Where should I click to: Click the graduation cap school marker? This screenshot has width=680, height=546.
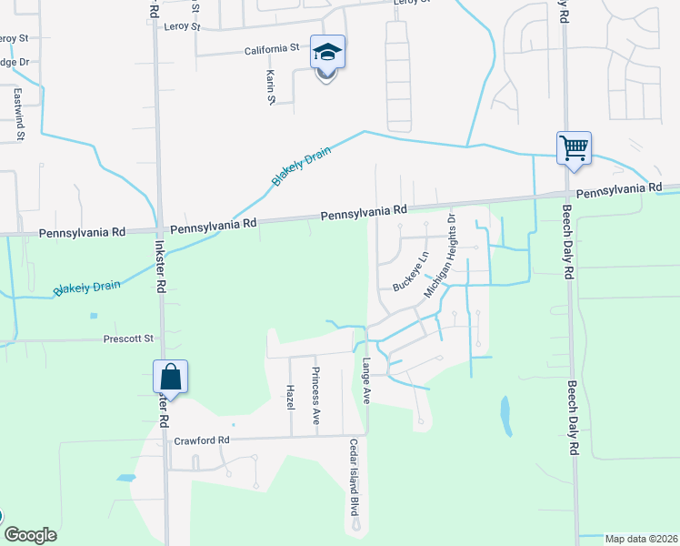point(327,54)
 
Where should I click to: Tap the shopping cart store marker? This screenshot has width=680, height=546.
point(574,147)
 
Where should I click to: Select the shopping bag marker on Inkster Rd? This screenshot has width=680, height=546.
point(170,376)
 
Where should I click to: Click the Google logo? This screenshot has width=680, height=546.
point(30,535)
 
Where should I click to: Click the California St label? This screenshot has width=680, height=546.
point(270,48)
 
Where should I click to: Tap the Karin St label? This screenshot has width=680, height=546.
point(270,86)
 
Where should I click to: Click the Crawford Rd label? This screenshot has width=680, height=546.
point(202,440)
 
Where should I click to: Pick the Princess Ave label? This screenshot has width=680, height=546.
point(316,396)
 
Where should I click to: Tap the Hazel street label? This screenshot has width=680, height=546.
point(291,396)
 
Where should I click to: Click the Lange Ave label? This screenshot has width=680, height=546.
point(367,381)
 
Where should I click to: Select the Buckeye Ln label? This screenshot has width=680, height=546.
point(410,271)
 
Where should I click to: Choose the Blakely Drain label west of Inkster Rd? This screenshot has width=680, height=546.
point(87,287)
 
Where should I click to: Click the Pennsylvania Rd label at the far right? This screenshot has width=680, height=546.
point(619,191)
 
